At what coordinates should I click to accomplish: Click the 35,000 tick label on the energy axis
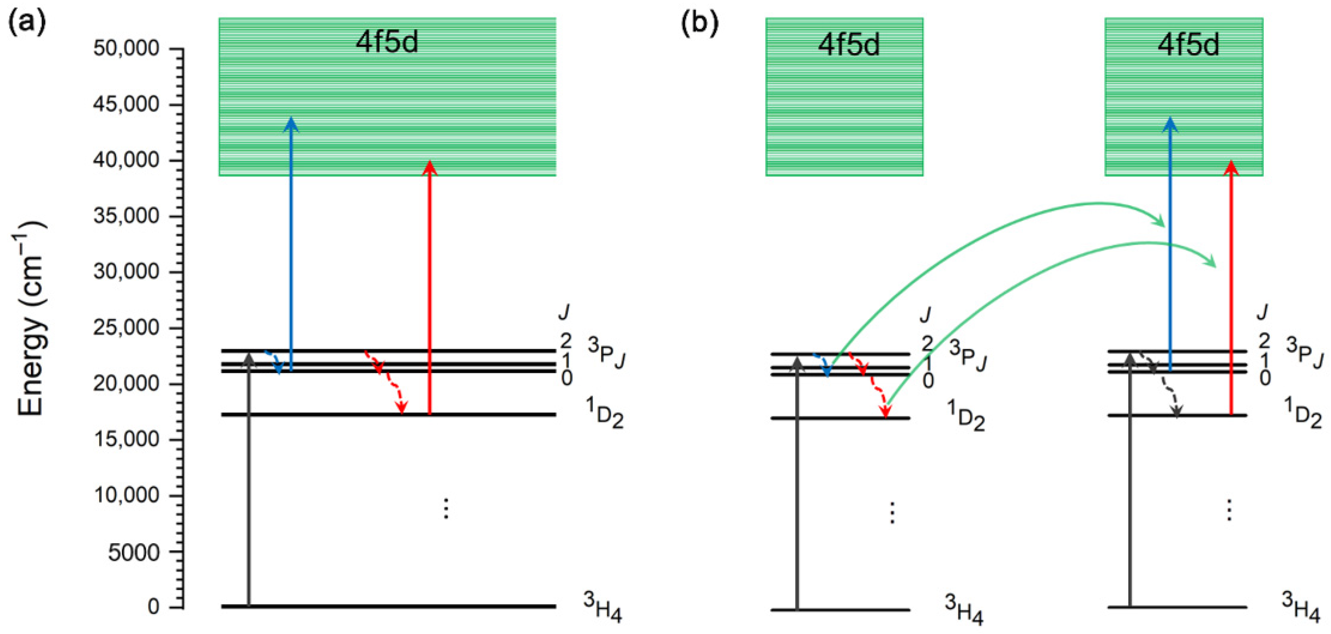click(126, 215)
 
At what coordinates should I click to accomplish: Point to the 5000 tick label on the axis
click(133, 552)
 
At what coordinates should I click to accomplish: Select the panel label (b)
click(699, 23)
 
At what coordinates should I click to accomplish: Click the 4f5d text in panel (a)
click(387, 41)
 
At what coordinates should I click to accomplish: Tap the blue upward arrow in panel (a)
click(291, 243)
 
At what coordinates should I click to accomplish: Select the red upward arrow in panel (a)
click(429, 289)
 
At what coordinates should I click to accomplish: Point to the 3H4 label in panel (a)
click(602, 607)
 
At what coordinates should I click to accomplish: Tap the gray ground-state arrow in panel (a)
click(249, 481)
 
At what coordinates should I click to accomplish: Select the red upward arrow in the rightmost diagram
click(1231, 289)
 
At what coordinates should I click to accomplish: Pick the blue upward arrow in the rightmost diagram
click(1170, 243)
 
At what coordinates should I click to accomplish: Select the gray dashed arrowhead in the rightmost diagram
click(1177, 412)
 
